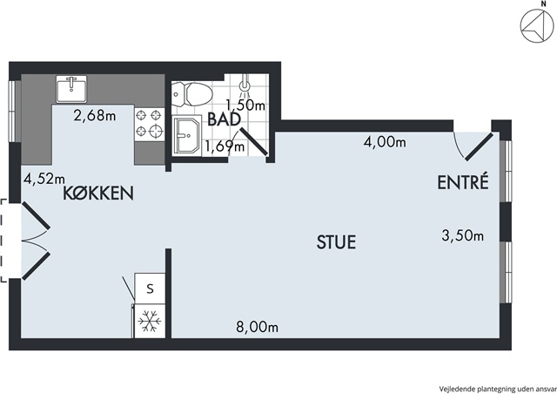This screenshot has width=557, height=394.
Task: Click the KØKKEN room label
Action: point(98,194)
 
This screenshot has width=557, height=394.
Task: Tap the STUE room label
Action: point(336,242)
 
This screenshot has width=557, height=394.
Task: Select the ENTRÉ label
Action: point(463,181)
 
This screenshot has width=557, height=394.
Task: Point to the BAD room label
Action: point(225,119)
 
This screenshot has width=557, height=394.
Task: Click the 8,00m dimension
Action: point(258,327)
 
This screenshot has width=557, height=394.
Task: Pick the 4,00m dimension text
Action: point(385,142)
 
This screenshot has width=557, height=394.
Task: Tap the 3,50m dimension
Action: point(462,235)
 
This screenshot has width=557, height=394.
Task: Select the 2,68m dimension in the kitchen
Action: point(95,115)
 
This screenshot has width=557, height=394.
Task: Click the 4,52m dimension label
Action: point(44,179)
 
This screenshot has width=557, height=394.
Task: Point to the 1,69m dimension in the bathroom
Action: point(225,146)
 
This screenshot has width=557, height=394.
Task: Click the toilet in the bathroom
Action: point(191,95)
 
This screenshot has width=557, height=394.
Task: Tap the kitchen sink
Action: point(71,89)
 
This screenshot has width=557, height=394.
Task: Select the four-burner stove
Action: point(149,124)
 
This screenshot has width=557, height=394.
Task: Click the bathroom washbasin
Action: point(188,136)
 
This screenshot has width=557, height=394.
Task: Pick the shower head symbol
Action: point(244,86)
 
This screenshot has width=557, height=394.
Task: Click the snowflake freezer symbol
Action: point(150,321)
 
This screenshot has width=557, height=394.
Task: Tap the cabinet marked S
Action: point(150,289)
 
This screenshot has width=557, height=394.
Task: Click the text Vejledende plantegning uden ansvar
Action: point(498,389)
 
